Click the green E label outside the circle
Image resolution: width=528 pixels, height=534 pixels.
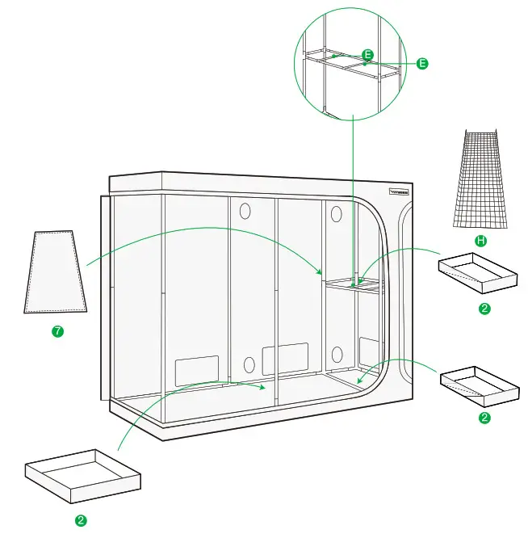click(421, 63)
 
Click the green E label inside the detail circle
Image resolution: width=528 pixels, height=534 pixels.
click(368, 55)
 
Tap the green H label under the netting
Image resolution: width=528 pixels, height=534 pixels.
click(481, 241)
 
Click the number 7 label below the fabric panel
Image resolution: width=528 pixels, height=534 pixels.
click(57, 332)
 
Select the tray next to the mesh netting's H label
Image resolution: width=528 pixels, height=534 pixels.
click(477, 272)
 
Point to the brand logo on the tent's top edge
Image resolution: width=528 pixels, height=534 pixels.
click(400, 192)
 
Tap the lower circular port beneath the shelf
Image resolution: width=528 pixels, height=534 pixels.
click(337, 354)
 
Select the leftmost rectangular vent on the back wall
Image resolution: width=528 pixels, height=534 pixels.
click(197, 369)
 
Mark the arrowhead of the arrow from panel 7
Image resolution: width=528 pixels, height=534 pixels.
click(321, 272)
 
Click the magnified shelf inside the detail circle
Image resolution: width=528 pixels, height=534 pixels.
click(353, 65)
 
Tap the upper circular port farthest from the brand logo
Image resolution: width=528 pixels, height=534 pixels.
click(245, 211)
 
